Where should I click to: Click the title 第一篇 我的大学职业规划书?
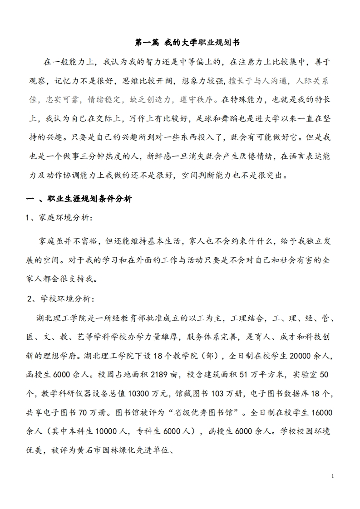(187, 42)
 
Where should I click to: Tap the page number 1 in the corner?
(333, 476)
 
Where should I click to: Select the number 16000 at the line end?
(319, 412)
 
